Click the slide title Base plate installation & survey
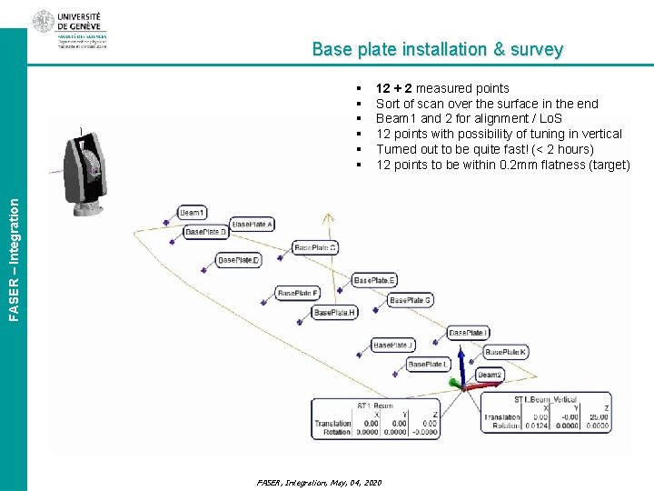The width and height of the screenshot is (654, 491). pos(437,50)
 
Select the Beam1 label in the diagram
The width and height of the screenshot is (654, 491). pos(192,213)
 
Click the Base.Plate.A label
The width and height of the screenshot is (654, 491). pos(253,225)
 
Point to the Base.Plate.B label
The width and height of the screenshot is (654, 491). pos(206,233)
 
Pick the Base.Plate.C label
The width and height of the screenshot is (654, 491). pos(316,247)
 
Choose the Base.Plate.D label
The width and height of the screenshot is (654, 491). pos(239,261)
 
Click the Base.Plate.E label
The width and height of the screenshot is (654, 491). pos(374,280)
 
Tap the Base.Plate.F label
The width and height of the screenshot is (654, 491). pos(298,294)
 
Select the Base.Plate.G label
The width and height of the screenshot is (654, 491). pos(411,300)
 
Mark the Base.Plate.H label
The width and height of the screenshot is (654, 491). pos(335,313)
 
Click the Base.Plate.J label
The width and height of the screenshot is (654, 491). pos(393,346)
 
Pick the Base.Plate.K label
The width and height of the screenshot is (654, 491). pos(506,352)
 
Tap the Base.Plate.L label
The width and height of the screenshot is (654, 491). pos(428,365)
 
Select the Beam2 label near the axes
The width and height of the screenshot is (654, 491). pos(490,375)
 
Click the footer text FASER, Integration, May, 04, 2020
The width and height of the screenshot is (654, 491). pos(319,482)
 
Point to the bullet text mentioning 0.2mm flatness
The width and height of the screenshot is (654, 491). pos(502,165)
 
